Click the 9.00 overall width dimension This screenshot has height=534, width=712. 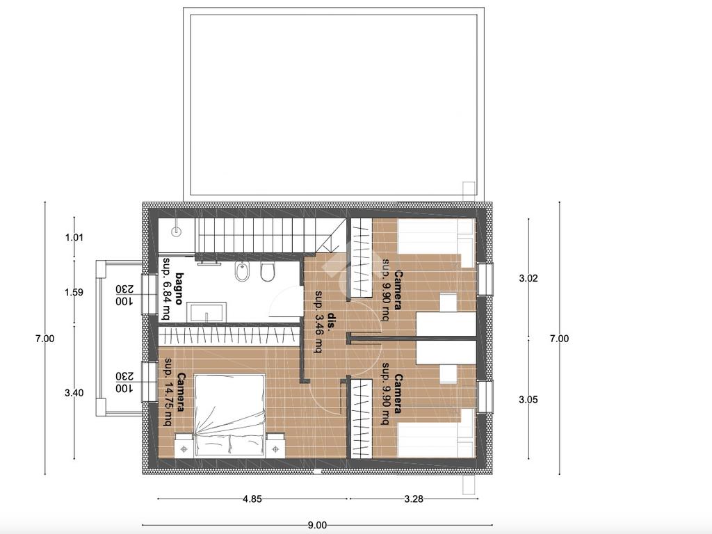tap(317, 526)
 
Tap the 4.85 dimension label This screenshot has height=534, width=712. tap(252, 499)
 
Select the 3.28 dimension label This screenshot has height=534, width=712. tap(413, 499)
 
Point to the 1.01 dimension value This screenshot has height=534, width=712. tap(74, 237)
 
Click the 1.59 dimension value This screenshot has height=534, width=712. tap(74, 293)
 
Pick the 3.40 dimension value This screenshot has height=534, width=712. tap(74, 393)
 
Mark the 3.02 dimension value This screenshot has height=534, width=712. tap(528, 278)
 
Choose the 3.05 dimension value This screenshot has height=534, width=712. tap(528, 400)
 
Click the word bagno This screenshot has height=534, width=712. tap(179, 289)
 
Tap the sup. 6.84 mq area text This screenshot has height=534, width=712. tap(166, 289)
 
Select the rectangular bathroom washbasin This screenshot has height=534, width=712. tap(207, 313)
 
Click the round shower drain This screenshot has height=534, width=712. tap(176, 231)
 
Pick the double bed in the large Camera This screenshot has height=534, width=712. tap(229, 415)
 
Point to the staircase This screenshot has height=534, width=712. tap(270, 234)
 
